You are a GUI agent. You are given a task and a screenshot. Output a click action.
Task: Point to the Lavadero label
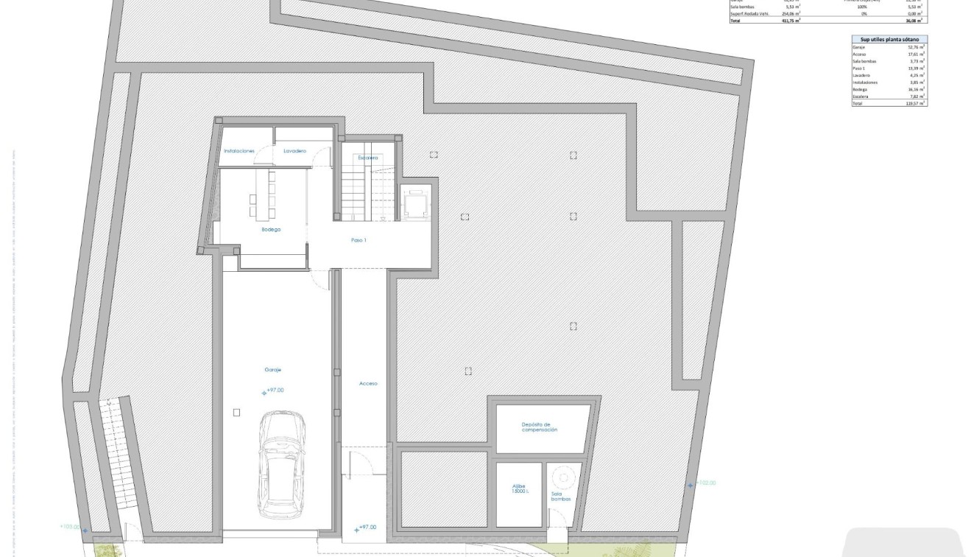coord(294,151)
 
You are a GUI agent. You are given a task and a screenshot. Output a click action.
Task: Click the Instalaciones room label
coord(239,151)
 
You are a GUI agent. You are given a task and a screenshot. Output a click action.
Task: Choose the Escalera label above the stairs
coord(368,158)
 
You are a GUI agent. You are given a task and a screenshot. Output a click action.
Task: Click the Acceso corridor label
coord(368,383)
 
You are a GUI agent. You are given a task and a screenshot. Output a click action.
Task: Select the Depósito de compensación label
coord(539,427)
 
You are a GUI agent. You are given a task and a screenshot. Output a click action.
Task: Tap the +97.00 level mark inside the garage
coord(274,390)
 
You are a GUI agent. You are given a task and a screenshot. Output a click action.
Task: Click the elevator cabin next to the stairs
coord(414,203)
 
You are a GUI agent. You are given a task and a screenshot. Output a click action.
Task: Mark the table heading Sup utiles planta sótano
coord(889,39)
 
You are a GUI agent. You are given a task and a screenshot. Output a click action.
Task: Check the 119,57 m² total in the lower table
coord(915,104)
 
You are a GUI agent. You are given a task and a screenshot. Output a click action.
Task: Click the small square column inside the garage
coord(236,413)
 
